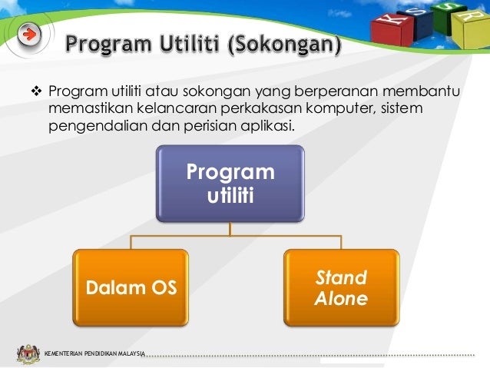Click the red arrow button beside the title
click(x=28, y=35)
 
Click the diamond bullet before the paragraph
click(x=34, y=93)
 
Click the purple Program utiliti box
click(x=230, y=184)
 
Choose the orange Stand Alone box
click(x=341, y=287)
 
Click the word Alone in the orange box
click(x=341, y=299)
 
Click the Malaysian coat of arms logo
click(x=28, y=353)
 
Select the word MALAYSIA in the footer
click(x=129, y=353)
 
